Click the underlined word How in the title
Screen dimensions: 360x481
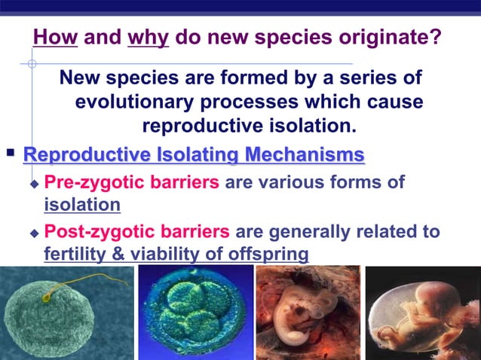pos(57,36)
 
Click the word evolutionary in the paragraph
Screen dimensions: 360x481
pos(134,102)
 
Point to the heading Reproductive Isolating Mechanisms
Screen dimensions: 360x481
pos(194,156)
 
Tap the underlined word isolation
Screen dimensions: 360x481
pos(81,204)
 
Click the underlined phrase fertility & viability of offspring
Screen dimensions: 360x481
pos(176,254)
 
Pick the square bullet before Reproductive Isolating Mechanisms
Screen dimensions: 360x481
pos(11,154)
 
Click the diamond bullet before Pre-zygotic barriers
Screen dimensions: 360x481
pos(32,184)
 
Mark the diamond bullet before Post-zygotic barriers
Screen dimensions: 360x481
pos(32,233)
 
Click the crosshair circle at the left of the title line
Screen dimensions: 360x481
pos(32,64)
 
